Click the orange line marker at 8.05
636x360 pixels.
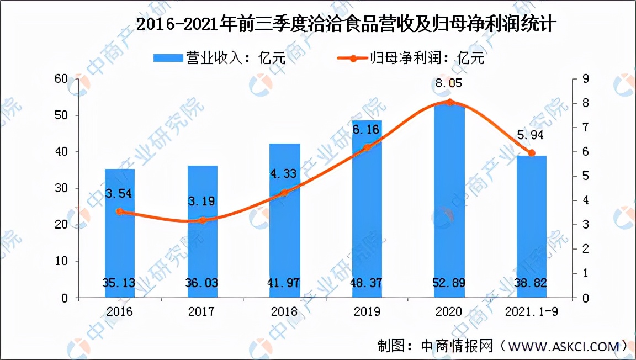449,102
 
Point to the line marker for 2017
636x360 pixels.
202,220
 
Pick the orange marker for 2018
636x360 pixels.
284,193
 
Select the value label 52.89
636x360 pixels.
449,283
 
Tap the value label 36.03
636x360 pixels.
202,283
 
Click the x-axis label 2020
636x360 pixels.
449,312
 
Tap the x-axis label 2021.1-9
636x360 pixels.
532,312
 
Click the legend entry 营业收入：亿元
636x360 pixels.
221,57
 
